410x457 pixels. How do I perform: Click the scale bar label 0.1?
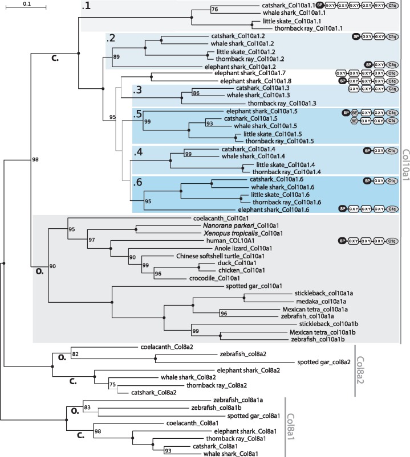tap(27, 4)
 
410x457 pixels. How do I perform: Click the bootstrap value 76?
tap(214, 10)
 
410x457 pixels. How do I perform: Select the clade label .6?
tap(137, 183)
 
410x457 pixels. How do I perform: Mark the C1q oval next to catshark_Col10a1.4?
tap(391, 151)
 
